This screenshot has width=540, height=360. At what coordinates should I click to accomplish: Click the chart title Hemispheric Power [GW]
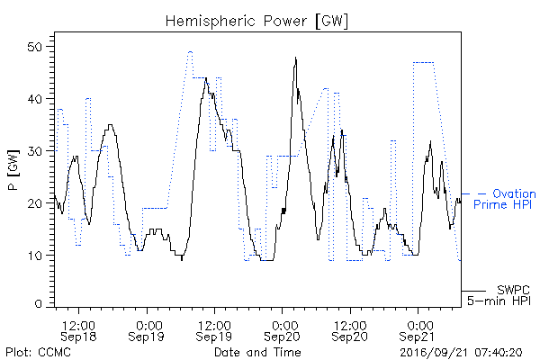click(x=256, y=22)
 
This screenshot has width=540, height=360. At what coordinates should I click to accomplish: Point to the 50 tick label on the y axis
click(x=35, y=47)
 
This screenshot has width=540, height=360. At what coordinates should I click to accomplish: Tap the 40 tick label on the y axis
click(x=35, y=99)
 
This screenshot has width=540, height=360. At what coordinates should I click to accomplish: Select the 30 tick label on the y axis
click(x=35, y=151)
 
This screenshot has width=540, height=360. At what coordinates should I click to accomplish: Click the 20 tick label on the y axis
click(x=35, y=203)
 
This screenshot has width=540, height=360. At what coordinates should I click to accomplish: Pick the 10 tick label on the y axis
click(x=35, y=256)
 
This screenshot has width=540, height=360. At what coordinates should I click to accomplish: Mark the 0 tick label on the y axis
click(x=39, y=304)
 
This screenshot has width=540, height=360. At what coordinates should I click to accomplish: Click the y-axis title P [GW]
click(x=13, y=170)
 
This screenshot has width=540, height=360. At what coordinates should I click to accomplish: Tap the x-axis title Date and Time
click(x=257, y=352)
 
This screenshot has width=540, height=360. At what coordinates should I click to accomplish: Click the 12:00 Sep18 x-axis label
click(x=78, y=331)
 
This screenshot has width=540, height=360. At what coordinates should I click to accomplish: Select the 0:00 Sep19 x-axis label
click(x=147, y=331)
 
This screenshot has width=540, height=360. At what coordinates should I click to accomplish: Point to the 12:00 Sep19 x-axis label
click(x=214, y=331)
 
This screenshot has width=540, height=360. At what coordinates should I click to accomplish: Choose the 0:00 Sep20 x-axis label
click(x=282, y=331)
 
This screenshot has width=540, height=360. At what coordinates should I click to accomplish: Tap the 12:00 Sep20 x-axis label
click(x=349, y=331)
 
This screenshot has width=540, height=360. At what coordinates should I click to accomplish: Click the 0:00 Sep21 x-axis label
click(x=418, y=331)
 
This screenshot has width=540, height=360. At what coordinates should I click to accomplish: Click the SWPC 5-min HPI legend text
click(x=499, y=295)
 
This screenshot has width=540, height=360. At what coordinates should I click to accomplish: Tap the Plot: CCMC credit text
click(x=38, y=352)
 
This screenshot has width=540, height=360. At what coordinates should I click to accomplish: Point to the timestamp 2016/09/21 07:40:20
click(x=461, y=353)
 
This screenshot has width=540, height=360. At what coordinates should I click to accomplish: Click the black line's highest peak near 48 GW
click(x=295, y=58)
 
